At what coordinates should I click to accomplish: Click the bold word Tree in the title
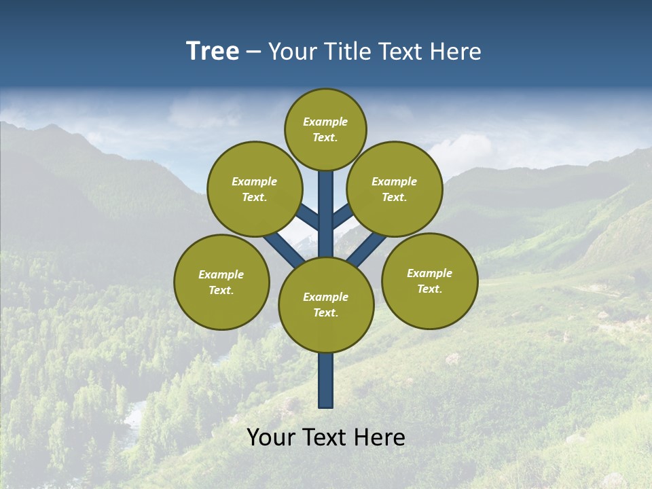213,51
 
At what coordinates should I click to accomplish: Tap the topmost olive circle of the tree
325,129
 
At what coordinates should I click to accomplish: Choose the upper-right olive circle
395,189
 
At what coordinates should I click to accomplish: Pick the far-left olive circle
221,282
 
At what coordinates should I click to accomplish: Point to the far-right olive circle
429,280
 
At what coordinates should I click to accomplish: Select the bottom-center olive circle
326,304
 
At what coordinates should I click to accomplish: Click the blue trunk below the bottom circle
326,380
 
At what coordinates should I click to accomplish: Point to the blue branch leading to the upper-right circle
342,217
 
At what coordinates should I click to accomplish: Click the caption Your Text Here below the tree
326,437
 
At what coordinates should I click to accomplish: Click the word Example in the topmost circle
325,122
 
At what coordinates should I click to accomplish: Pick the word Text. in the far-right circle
429,289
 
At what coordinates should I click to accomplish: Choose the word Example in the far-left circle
221,274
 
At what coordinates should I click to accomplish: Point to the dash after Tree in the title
253,52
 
